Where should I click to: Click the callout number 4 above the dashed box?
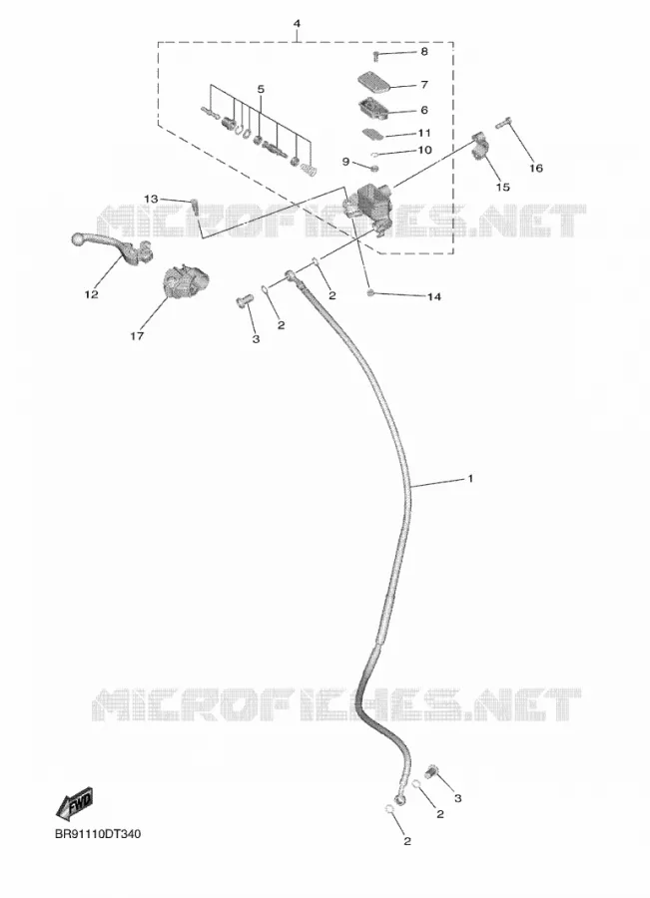coord(297,24)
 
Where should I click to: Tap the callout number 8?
coord(424,52)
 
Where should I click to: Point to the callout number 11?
coord(424,133)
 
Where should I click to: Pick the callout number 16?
coord(536,169)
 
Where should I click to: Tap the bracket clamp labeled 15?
coord(482,146)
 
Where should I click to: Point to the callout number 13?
coord(151,200)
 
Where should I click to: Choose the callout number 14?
coord(434,296)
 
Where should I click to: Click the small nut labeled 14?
coord(370,293)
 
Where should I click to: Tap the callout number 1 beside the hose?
coord(470,478)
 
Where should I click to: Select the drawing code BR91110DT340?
coord(98,834)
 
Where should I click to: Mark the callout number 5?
coord(261,90)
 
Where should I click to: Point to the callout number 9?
coord(345,162)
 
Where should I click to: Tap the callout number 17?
coord(137,336)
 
